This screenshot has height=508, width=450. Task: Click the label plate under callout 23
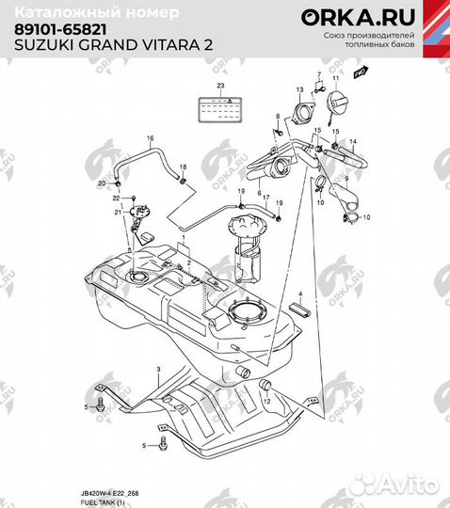point(220,107)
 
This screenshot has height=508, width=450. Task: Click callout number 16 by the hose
point(149,139)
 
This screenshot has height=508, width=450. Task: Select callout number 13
point(299,89)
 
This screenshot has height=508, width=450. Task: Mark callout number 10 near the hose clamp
point(367,216)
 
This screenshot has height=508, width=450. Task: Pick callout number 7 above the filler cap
point(319,73)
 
